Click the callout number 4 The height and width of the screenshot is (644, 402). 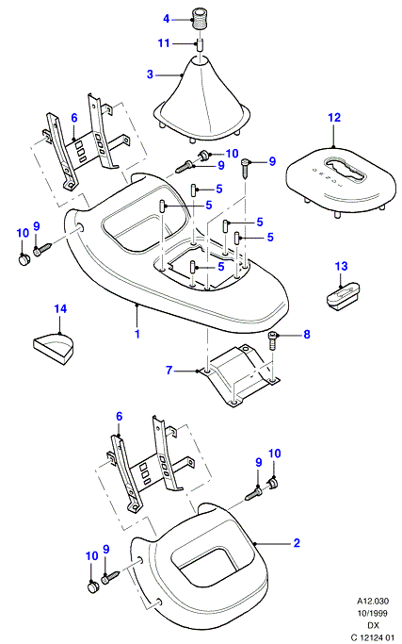[166, 19]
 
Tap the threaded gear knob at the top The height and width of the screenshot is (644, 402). [200, 18]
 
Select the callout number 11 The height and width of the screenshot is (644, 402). [164, 42]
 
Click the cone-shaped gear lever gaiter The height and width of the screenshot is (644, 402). [201, 102]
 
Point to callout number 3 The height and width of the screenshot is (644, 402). [150, 74]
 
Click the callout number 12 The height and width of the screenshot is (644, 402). [334, 118]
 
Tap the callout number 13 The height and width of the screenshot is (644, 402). [341, 266]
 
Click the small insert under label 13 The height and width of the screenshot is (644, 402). [344, 296]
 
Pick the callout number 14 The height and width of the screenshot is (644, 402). [60, 308]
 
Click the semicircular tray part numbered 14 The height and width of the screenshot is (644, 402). [54, 348]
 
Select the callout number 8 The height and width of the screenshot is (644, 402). [307, 335]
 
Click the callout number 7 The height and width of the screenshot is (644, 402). [169, 370]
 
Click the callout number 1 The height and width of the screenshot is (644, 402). [137, 334]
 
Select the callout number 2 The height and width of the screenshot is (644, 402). [297, 543]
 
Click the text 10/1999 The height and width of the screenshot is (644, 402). [373, 613]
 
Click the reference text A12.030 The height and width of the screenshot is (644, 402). [373, 602]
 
